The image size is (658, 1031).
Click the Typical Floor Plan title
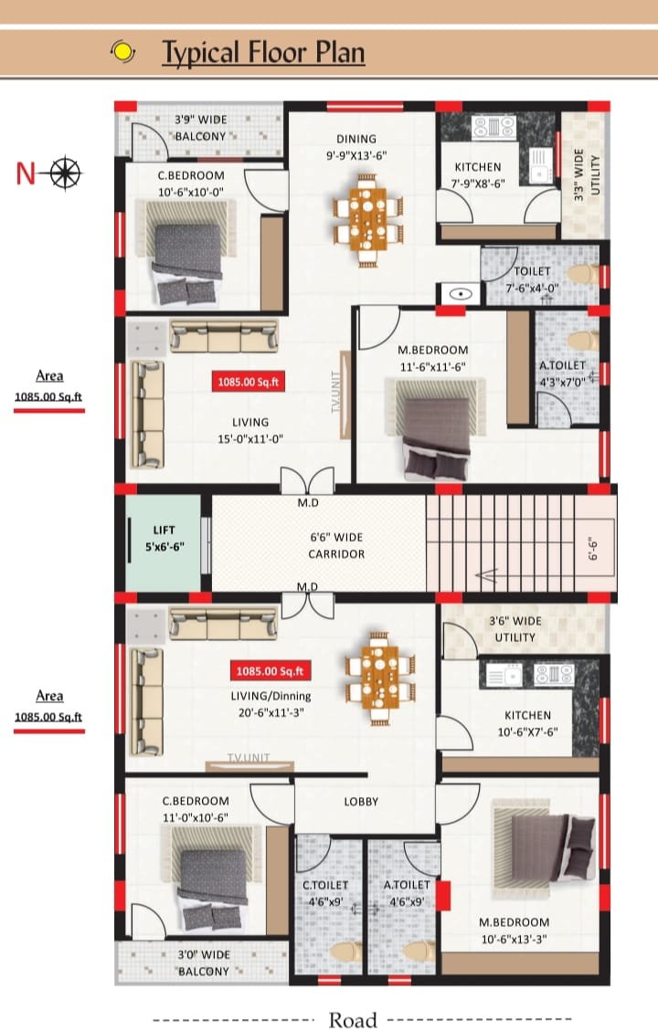coord(263,53)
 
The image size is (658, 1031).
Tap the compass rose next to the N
coord(65,174)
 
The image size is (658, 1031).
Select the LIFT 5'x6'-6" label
coord(164,538)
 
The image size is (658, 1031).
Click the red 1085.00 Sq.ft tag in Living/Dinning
coord(270,670)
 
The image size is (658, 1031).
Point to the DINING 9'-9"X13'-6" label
coord(356,147)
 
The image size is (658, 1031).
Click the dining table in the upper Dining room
coord(367,219)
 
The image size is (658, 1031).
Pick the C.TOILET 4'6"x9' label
coord(325,894)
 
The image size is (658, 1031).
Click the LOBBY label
coord(361,802)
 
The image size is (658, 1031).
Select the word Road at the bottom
coord(353,1020)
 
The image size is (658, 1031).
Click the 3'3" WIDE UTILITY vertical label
coord(587,175)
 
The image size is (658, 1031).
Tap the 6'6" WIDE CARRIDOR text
coord(336,546)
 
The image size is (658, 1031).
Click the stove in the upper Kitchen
coord(493,127)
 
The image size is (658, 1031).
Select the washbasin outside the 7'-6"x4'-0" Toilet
coord(461,293)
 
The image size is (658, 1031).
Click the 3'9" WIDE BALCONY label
coord(200,128)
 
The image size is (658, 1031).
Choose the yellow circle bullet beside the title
coord(122,51)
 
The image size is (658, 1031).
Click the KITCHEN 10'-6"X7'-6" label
coord(527,723)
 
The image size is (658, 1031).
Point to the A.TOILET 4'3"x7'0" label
coord(563,373)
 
